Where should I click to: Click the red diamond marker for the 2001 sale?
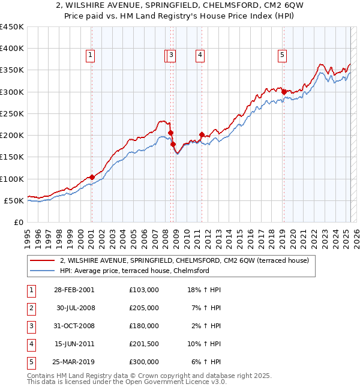(92, 177)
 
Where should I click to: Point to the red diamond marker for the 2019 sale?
(284, 92)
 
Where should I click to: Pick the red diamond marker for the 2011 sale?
(202, 134)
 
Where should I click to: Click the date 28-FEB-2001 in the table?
(74, 289)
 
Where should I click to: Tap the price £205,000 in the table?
(143, 307)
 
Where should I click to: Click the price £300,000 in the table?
(143, 362)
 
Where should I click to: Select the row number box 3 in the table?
(30, 326)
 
